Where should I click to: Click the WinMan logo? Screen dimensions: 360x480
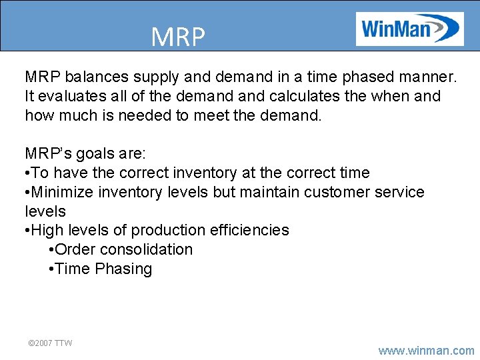(409, 29)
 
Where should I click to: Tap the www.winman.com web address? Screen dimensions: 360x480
(426, 350)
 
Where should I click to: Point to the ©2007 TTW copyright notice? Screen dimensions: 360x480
(49, 343)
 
